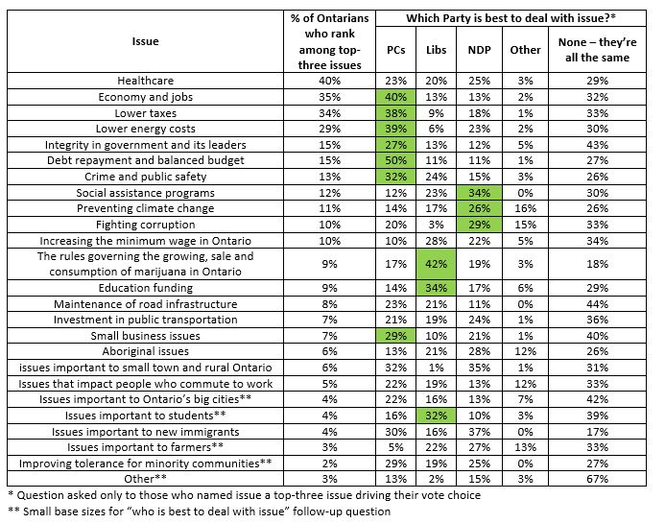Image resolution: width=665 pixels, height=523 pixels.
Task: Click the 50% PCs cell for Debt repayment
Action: tap(394, 161)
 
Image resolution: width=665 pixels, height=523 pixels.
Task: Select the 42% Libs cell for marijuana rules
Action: tap(437, 264)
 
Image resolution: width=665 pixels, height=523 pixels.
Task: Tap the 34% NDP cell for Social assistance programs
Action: tap(479, 192)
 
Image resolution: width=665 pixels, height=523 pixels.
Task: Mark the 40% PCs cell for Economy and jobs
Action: tap(394, 98)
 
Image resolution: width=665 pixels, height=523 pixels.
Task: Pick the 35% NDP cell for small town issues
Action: tap(479, 366)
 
